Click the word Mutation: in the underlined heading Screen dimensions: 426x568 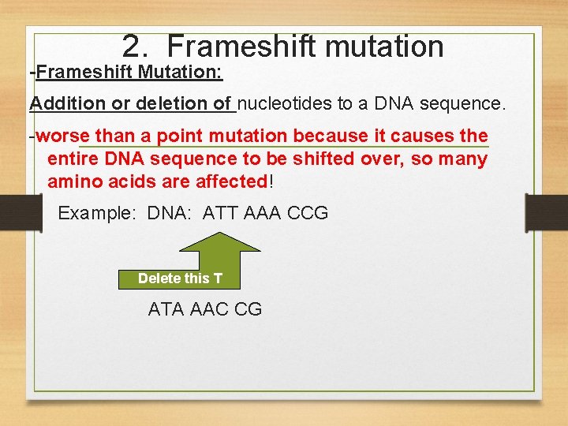click(181, 73)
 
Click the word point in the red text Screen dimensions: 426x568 click(180, 136)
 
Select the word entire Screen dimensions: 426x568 click(73, 159)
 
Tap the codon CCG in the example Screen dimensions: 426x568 click(310, 213)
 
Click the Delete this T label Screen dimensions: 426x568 click(180, 278)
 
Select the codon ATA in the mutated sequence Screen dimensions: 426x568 click(166, 309)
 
